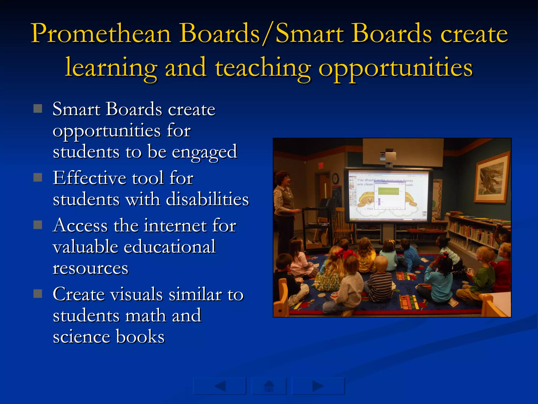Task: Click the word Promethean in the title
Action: [x=101, y=34]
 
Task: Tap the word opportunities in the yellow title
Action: [x=395, y=68]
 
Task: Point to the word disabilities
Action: [x=207, y=199]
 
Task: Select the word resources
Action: [x=90, y=268]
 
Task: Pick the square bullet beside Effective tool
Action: [x=38, y=178]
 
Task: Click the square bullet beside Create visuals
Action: [x=38, y=294]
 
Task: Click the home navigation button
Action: [x=269, y=386]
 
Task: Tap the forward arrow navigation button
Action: [x=318, y=386]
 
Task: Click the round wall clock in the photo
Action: [x=335, y=179]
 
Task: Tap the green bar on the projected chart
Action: [x=388, y=191]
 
